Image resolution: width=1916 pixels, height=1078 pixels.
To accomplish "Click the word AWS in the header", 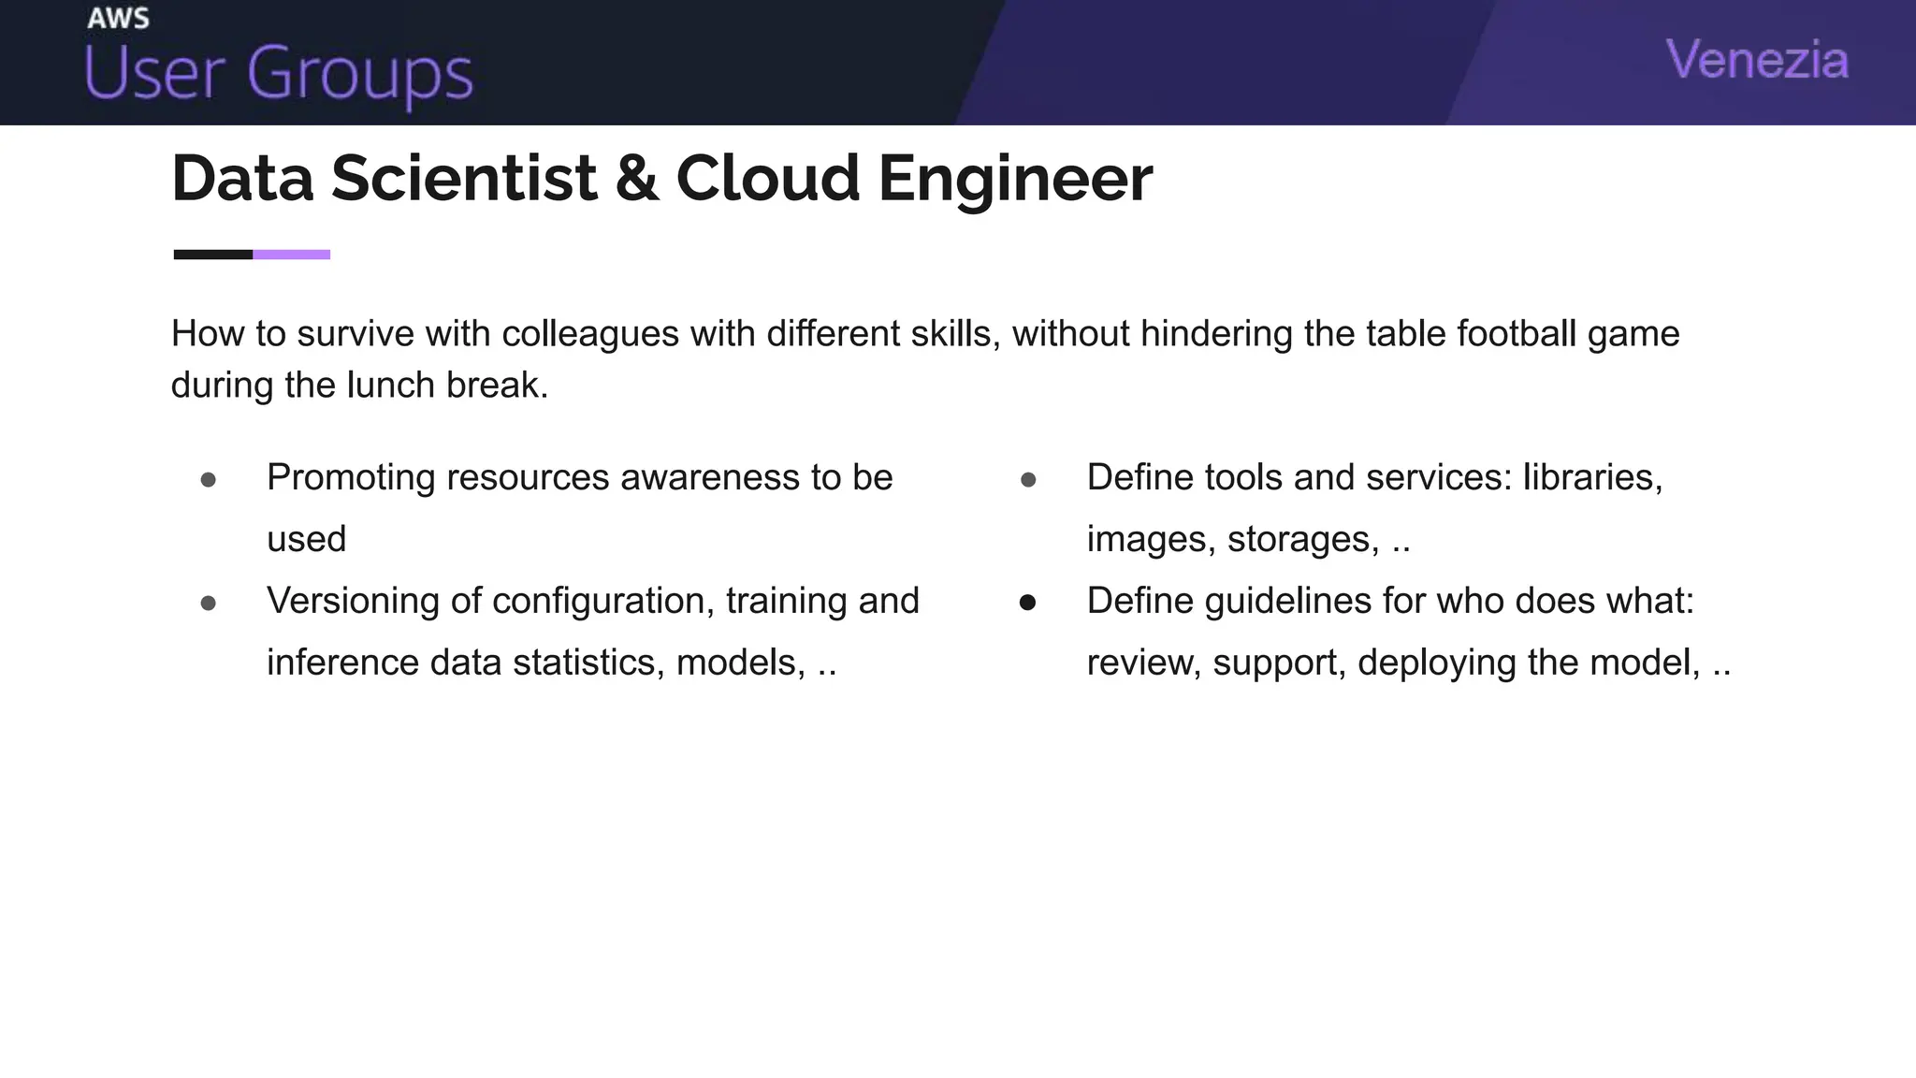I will [x=118, y=18].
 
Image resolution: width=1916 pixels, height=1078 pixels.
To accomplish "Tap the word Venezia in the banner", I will [x=1757, y=60].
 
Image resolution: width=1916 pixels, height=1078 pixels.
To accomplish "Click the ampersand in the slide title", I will [x=636, y=178].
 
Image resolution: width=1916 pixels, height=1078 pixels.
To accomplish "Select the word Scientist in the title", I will [x=463, y=178].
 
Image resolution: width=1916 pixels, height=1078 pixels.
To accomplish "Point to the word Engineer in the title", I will [x=1014, y=178].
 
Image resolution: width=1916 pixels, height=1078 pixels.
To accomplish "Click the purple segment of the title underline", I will [x=291, y=255].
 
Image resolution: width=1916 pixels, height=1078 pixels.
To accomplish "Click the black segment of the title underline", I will [x=213, y=255].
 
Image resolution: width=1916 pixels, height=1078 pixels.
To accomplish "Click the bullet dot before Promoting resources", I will [x=209, y=480].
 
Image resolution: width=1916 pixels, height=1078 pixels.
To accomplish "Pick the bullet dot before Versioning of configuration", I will [x=209, y=604].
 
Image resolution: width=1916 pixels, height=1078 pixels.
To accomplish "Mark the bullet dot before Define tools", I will [x=1028, y=480].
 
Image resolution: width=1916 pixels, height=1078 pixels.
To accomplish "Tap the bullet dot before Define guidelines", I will [x=1028, y=604].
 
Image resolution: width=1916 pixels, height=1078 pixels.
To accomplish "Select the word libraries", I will [x=1592, y=477].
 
